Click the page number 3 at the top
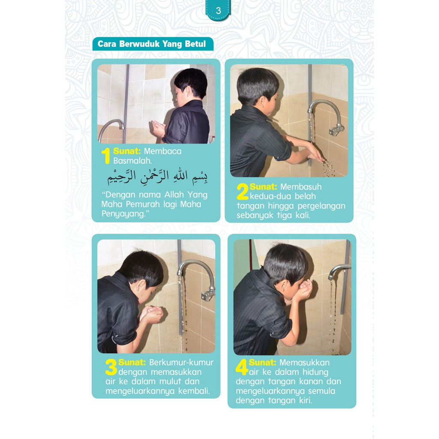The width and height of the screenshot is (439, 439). [x=218, y=11]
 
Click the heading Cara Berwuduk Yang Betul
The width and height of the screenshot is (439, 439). [x=152, y=44]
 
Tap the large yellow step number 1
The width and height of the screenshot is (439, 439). [x=106, y=156]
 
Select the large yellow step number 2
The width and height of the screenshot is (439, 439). [x=243, y=192]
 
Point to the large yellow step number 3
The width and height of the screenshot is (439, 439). [x=111, y=367]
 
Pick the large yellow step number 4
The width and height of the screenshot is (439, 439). [x=242, y=367]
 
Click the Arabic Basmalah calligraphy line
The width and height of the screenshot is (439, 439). [x=157, y=176]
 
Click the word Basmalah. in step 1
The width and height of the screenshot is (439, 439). [x=132, y=161]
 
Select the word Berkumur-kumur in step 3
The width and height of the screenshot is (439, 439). [x=181, y=363]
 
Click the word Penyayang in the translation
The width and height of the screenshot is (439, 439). [x=123, y=214]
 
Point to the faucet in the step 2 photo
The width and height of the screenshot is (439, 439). [x=326, y=117]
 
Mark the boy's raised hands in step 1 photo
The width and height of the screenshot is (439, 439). [x=159, y=129]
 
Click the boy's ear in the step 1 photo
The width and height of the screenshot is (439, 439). [x=192, y=92]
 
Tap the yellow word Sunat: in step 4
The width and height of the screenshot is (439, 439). [x=262, y=363]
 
